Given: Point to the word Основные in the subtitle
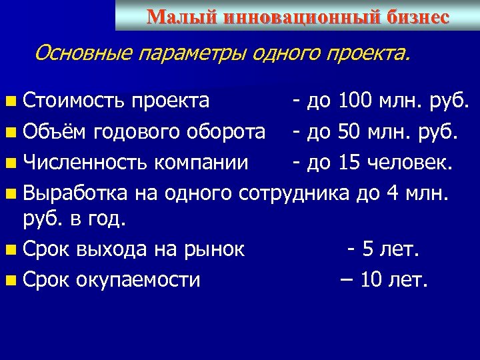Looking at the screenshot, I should (83, 52).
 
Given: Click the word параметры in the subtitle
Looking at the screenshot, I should (194, 52).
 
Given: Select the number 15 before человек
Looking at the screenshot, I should (351, 162).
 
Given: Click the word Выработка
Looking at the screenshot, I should (75, 193).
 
